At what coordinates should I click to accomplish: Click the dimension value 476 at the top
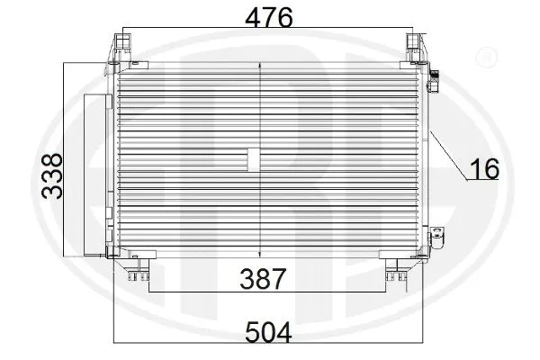pyautogui.click(x=267, y=18)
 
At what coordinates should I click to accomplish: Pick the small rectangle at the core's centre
pyautogui.click(x=253, y=160)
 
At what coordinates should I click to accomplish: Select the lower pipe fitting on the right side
pyautogui.click(x=437, y=236)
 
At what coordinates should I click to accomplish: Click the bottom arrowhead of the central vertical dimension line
pyautogui.click(x=260, y=254)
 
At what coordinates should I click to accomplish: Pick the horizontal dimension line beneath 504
pyautogui.click(x=270, y=345)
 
